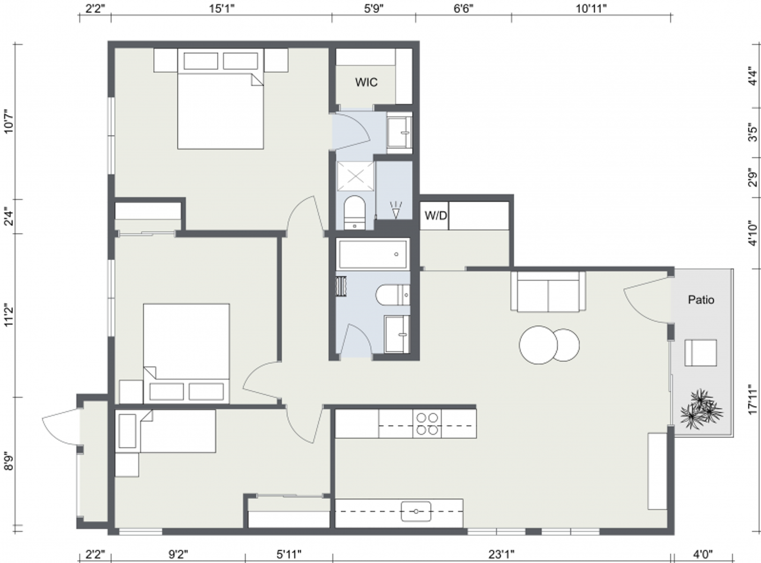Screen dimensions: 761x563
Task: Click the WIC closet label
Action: tap(366, 82)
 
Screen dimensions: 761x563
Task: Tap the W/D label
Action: tap(436, 216)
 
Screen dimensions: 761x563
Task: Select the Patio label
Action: tap(701, 300)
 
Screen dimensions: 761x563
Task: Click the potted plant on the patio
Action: tap(702, 409)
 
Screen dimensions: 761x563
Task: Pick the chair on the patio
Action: tap(700, 353)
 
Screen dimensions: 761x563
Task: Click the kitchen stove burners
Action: tap(427, 424)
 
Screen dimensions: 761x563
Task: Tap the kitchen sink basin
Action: tap(416, 511)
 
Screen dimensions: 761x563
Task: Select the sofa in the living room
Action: tap(548, 291)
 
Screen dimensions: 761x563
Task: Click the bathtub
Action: tap(372, 254)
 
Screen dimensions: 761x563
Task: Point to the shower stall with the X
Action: tap(356, 176)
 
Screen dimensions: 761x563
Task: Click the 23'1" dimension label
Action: tap(501, 554)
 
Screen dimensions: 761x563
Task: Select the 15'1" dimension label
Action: tap(222, 8)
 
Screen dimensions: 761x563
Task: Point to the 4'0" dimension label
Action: tap(703, 554)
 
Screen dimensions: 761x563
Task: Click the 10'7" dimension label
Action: tap(9, 121)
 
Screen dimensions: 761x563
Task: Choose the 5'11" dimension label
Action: tap(289, 554)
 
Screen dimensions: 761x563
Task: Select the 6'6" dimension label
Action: tap(464, 8)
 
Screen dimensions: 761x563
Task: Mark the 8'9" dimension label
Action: tap(9, 461)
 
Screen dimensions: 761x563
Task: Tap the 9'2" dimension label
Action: tap(178, 554)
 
